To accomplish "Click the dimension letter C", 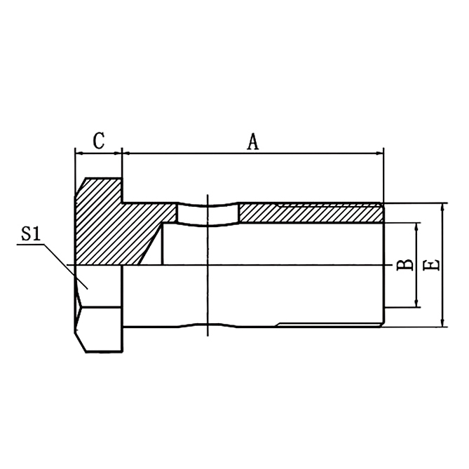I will point(99,140).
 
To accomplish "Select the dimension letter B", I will point(405,265).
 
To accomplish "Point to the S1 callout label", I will point(30,234).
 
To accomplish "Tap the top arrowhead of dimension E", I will point(443,208).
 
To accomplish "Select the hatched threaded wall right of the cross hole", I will point(308,213).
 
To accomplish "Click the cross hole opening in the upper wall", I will point(208,213).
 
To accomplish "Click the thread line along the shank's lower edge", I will point(329,323).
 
